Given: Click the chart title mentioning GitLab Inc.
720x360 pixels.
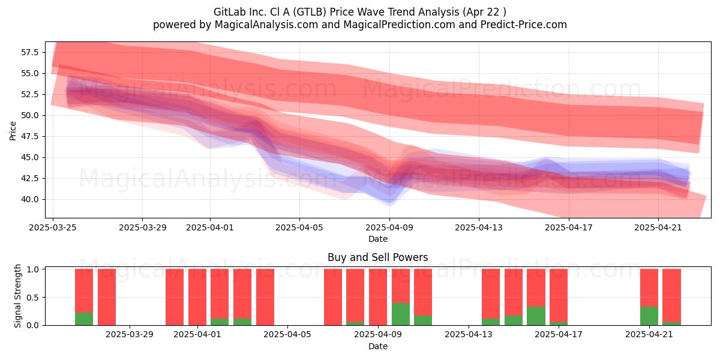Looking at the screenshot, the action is (x=359, y=12).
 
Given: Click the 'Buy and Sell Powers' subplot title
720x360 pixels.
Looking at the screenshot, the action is (x=377, y=257).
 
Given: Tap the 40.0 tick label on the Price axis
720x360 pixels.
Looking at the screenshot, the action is (x=30, y=199).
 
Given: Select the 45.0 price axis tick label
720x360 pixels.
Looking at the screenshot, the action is (x=30, y=157).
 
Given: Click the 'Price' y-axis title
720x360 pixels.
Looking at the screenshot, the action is (x=13, y=131).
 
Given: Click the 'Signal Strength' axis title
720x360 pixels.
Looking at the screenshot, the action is (x=17, y=296).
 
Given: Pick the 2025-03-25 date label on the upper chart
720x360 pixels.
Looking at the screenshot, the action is (x=53, y=227).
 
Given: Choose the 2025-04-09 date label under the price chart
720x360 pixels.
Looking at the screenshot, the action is (x=389, y=227).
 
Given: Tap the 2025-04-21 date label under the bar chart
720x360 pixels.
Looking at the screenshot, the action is (x=649, y=335).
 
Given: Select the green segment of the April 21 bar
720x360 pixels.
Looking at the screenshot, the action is (x=649, y=316).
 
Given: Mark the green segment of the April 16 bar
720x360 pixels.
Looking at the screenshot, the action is (x=536, y=316).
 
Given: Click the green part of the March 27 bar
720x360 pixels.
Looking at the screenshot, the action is (x=84, y=319).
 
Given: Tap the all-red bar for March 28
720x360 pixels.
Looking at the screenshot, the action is (x=107, y=297).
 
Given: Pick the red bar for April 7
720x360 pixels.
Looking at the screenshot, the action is (x=332, y=297).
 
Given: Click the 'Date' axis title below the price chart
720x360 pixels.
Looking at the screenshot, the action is (x=377, y=239).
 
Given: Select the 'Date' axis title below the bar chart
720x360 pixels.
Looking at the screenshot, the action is (x=377, y=346).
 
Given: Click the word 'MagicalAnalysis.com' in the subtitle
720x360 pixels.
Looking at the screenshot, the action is (x=266, y=25).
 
